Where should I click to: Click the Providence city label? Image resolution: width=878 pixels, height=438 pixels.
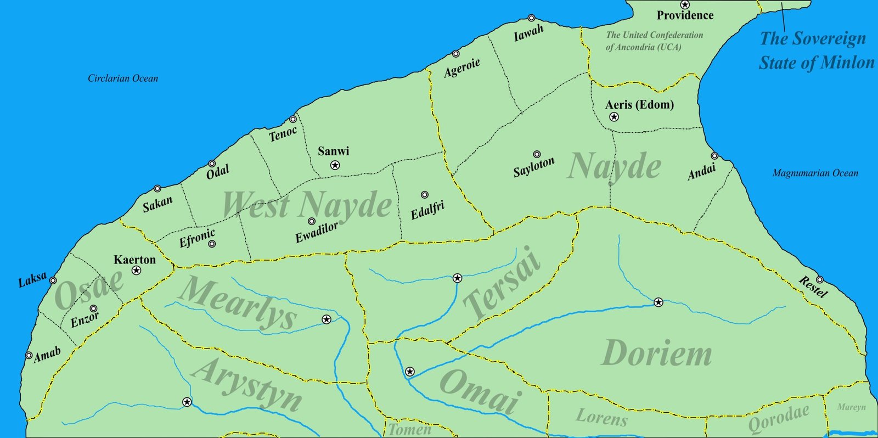(685, 15)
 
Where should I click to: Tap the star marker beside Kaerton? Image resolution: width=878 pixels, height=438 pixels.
(137, 271)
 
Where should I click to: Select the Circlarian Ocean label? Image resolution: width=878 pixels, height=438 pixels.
(123, 78)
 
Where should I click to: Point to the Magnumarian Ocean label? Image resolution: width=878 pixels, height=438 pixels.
(815, 173)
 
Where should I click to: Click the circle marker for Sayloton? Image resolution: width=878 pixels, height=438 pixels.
(537, 155)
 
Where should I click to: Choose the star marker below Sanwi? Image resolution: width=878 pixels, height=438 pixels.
(335, 165)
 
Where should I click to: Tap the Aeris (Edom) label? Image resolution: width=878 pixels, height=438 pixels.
(639, 104)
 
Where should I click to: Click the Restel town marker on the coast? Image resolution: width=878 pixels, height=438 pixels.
(819, 279)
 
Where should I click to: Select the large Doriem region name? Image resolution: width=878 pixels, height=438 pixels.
(657, 353)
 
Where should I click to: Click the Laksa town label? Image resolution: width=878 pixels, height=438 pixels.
(32, 279)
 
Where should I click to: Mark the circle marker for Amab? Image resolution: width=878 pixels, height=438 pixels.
(29, 355)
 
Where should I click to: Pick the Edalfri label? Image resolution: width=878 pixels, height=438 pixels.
(427, 210)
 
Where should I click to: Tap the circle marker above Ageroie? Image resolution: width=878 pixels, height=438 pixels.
(455, 54)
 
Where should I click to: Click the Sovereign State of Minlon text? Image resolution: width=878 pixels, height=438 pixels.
(816, 50)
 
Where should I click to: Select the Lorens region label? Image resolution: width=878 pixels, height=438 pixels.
(601, 418)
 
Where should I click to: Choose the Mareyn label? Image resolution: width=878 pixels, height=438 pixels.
(851, 407)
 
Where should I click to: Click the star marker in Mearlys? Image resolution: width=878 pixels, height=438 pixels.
(327, 319)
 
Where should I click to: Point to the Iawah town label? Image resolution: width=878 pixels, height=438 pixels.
(528, 33)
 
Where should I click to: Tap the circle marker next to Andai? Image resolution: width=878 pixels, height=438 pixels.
(714, 156)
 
